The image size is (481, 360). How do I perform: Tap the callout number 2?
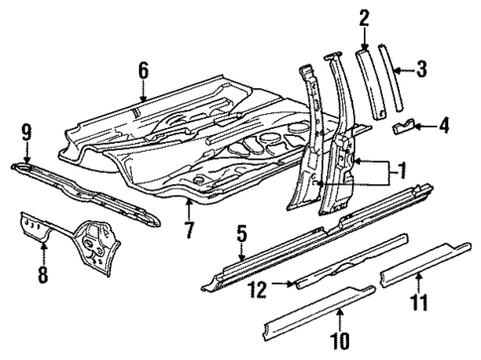(x=364, y=17)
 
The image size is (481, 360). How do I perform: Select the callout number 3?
(x=421, y=68)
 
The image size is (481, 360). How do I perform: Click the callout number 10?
(x=340, y=342)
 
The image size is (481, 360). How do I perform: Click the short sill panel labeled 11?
(x=426, y=271)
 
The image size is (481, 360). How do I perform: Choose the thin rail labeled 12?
(x=347, y=269)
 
